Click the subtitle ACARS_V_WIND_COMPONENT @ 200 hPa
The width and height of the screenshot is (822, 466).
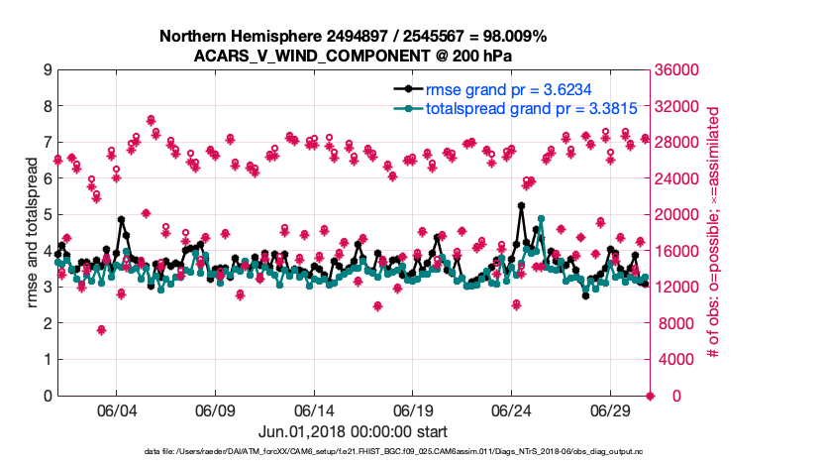354,56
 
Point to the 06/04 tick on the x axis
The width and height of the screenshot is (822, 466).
116,410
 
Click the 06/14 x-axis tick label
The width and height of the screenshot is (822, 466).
314,410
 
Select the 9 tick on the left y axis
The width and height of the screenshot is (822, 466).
47,70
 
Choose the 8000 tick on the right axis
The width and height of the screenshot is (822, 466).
672,323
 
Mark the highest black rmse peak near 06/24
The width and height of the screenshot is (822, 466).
521,206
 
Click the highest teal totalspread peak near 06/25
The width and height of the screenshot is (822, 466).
541,219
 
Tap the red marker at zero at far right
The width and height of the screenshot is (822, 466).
650,396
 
